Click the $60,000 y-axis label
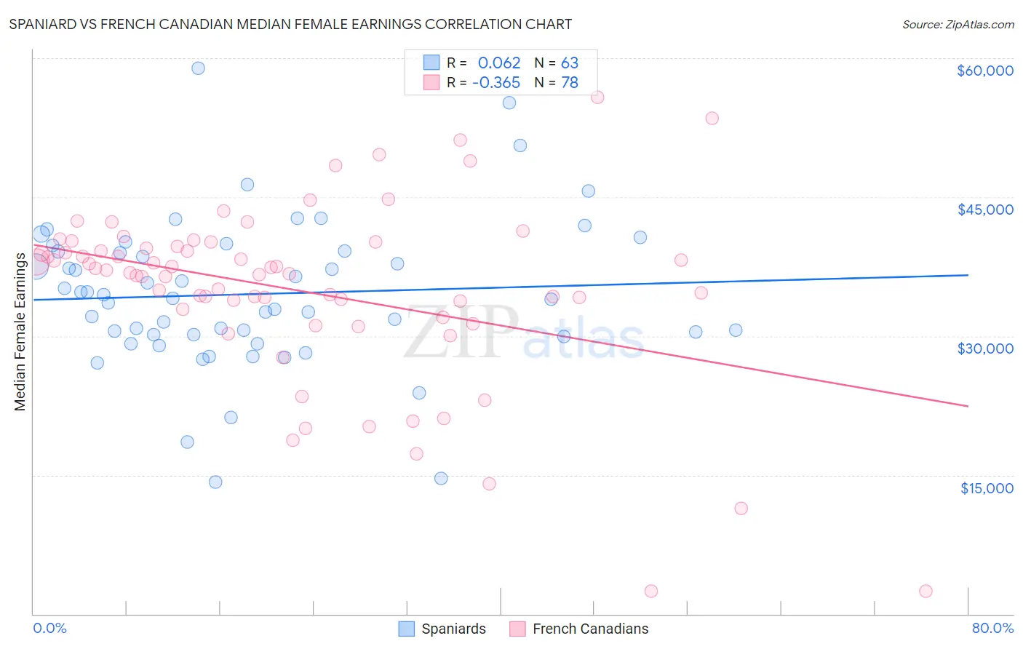coord(984,71)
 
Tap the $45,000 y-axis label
coord(984,210)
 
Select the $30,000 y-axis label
coord(984,349)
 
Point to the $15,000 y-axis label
coord(986,488)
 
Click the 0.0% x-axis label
coord(49,628)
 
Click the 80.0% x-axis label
coord(992,628)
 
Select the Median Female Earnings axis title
coord(20,332)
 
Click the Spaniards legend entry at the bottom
coord(442,629)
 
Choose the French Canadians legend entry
coord(578,629)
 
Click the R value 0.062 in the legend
coord(499,63)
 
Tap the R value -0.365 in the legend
coord(496,83)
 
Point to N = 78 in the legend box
coord(556,83)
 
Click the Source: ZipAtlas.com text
coord(958,25)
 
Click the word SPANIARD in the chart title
coord(43,24)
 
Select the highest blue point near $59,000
coord(198,68)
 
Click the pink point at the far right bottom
coord(926,591)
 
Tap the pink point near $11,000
coord(741,509)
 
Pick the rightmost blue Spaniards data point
coord(736,330)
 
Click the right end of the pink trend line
coord(968,406)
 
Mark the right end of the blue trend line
coord(968,275)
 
